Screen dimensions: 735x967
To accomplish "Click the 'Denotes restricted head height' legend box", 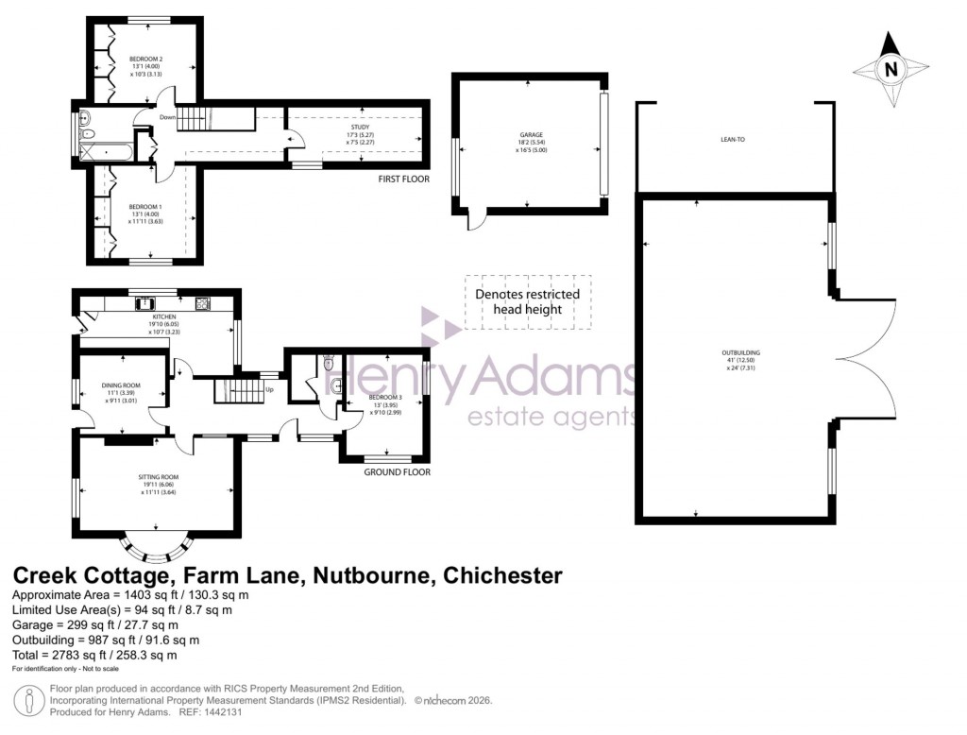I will point(527,302).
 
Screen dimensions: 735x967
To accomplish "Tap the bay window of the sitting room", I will point(158,547).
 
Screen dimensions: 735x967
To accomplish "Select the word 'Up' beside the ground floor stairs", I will point(270,389).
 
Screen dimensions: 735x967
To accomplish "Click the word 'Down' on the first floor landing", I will point(167,117).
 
